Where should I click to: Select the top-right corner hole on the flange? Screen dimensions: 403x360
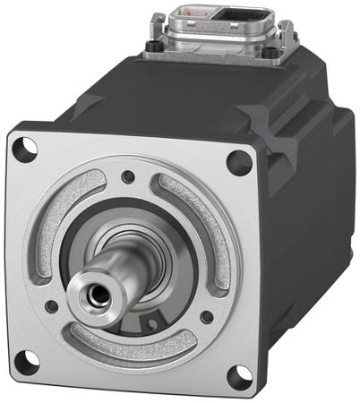point(237,162)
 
